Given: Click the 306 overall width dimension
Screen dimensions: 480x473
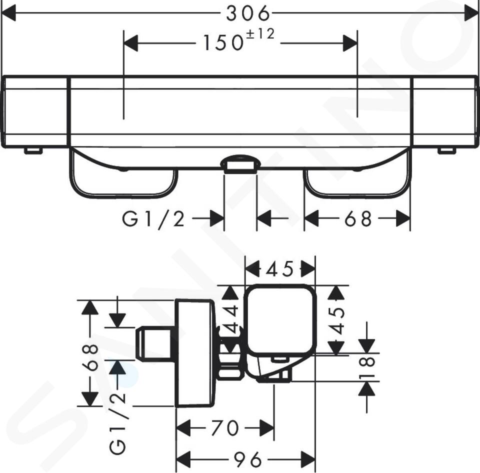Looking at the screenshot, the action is [x=248, y=14].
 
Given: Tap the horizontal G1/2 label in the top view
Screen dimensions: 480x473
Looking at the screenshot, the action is [x=153, y=219].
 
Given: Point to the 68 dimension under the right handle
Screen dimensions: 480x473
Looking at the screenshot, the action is [x=358, y=219].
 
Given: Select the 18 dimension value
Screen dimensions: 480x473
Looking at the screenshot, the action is [x=368, y=367].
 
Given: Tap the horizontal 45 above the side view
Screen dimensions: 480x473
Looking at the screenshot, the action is [x=280, y=269].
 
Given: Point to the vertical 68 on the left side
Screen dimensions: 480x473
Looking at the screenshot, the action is [x=91, y=358].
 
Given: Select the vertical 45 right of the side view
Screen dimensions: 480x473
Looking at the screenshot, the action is [x=337, y=320].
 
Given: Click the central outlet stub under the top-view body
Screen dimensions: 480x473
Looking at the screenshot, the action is [x=240, y=164].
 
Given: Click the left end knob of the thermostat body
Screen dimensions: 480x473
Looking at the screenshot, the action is [x=34, y=112].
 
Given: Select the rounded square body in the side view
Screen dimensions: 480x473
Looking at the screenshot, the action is [x=280, y=320].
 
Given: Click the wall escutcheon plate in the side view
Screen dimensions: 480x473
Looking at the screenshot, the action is [x=195, y=353].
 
